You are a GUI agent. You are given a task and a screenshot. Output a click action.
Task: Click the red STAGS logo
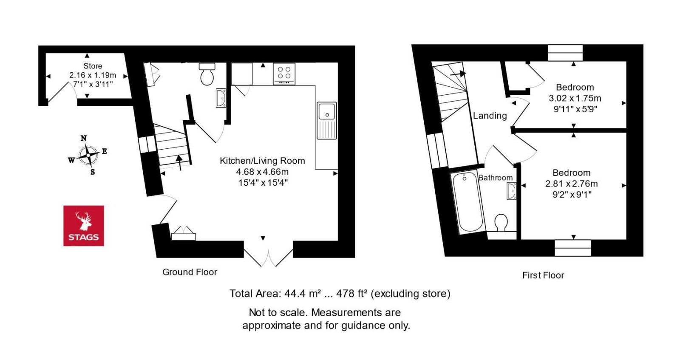84,226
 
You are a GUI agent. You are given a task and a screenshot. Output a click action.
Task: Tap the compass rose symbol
88,155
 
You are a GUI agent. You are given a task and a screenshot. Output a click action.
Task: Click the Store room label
93,66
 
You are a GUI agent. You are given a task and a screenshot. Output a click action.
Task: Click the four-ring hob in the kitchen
284,74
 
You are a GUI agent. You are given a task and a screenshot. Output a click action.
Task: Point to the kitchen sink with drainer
327,120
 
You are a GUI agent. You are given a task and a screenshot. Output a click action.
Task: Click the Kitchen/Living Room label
262,161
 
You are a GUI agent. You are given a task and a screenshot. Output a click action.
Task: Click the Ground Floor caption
190,272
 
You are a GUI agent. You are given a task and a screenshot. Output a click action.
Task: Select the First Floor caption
543,275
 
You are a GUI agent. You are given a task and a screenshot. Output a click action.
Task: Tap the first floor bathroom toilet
501,223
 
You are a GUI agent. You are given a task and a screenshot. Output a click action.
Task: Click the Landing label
490,116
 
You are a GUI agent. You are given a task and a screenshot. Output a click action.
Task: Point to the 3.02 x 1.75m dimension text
575,98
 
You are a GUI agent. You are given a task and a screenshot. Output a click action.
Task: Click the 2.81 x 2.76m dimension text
571,184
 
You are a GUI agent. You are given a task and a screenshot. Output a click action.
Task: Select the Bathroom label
496,178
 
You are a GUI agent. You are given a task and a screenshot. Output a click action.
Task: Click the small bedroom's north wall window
565,53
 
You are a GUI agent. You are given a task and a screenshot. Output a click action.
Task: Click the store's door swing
62,94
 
